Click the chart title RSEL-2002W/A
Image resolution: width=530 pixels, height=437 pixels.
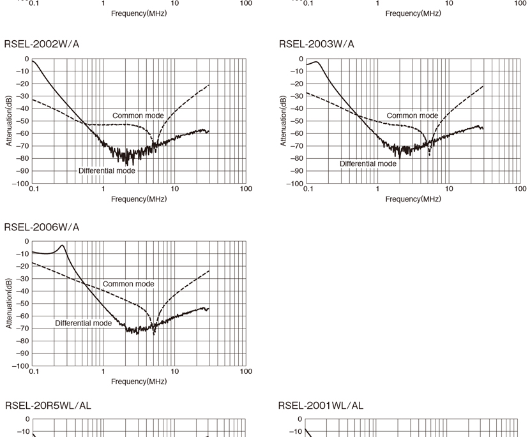tap(42, 44)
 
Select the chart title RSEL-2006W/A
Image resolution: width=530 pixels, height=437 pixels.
tap(42, 227)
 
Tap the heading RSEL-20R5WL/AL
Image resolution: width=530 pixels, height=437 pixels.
tap(48, 406)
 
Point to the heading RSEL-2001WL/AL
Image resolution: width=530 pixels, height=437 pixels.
tap(321, 406)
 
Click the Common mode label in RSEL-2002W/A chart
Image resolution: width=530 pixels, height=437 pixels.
tap(138, 115)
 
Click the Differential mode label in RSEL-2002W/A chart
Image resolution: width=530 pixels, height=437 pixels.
tap(107, 170)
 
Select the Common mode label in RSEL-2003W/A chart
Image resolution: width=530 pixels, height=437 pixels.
tap(413, 115)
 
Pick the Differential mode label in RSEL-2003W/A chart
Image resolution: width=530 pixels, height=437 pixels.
tap(368, 163)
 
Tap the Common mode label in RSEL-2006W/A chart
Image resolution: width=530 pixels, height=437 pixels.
tap(128, 284)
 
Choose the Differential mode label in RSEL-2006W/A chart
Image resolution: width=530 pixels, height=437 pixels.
tap(83, 323)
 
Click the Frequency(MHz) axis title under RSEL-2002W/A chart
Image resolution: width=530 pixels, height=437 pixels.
tap(139, 199)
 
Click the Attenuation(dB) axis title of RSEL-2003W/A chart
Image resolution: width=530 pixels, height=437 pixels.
tap(283, 121)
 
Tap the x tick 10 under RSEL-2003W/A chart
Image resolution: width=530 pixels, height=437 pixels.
tap(449, 189)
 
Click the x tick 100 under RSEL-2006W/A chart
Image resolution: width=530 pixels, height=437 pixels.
tap(246, 371)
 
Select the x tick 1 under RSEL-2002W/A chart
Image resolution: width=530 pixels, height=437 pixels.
tap(103, 189)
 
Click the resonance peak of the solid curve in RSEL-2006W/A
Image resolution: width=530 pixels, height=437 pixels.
tap(62, 245)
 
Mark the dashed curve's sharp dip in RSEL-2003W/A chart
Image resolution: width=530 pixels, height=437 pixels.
tap(429, 155)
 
